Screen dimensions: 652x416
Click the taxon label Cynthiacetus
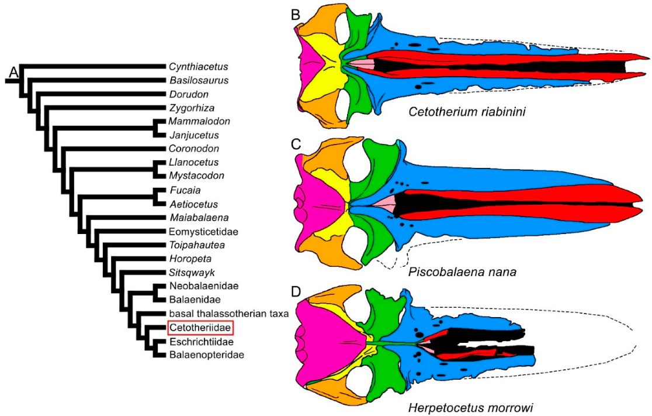coord(198,67)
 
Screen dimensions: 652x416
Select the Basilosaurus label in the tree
coord(199,80)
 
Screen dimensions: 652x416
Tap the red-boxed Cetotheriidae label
coord(200,328)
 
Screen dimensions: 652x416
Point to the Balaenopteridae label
coord(207,355)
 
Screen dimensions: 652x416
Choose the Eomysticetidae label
coord(203,232)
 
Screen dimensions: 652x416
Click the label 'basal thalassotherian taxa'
coord(228,314)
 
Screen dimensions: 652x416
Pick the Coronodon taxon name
coord(194,149)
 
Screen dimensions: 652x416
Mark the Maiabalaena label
coord(199,218)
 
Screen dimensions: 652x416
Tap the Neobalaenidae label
coord(204,286)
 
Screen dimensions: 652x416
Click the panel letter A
coord(13,73)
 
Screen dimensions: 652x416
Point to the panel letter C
coord(296,144)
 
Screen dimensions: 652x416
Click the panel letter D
coord(296,291)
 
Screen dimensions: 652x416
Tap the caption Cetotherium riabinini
coord(467,112)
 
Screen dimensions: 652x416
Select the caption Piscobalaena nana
coord(462,272)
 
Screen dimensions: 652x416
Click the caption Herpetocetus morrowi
coord(470,408)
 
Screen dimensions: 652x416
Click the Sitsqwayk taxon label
coord(192,273)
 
